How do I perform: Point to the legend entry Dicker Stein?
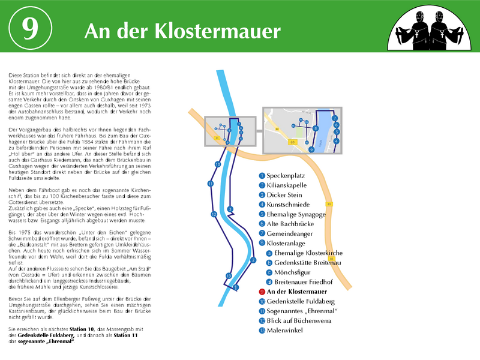(284, 194)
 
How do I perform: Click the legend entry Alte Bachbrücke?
(290, 224)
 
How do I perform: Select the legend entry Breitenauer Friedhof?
(307, 282)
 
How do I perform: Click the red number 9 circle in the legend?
(262, 292)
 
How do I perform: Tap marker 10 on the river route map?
(217, 164)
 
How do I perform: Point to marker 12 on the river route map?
(214, 214)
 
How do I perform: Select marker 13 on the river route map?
(228, 275)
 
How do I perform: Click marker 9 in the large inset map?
(311, 149)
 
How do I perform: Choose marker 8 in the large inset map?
(316, 128)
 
